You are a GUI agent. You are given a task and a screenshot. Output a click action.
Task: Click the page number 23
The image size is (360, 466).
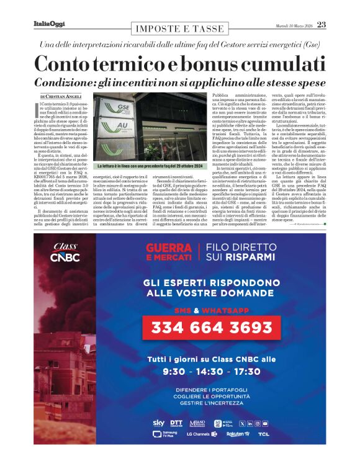pos(322,25)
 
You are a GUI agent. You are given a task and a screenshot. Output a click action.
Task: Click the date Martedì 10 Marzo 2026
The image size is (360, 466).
pos(294,25)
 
